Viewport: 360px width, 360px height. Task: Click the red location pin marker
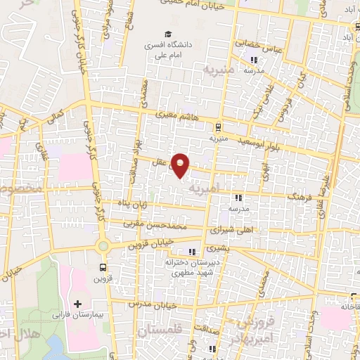point(181,165)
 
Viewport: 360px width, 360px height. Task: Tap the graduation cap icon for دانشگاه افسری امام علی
point(167,34)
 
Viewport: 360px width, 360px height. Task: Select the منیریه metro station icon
point(218,127)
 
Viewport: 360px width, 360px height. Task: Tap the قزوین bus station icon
point(103,267)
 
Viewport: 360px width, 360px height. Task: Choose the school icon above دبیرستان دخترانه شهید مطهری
point(191,252)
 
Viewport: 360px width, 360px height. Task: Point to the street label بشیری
point(219,249)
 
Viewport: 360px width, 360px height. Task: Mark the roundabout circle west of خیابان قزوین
point(103,245)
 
